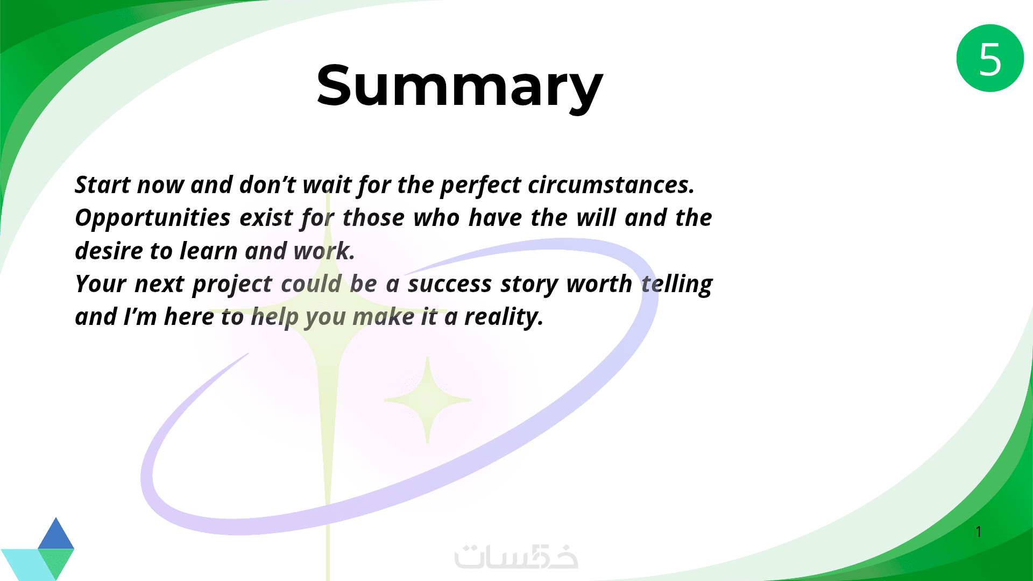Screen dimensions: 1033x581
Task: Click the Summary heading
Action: [460, 86]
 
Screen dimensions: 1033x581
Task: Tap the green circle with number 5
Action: [990, 58]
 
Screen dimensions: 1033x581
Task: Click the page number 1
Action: [979, 532]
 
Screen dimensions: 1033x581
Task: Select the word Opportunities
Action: [153, 218]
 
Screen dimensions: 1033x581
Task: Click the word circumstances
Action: [611, 185]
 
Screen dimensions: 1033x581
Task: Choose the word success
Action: [450, 284]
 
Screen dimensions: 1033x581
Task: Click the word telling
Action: [677, 285]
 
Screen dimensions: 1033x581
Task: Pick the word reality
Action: [504, 317]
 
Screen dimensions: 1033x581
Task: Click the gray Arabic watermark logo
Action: [516, 557]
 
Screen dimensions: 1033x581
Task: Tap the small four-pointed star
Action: [428, 400]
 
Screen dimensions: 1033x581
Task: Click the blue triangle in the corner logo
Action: [56, 534]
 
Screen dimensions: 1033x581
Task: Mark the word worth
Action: [599, 284]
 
